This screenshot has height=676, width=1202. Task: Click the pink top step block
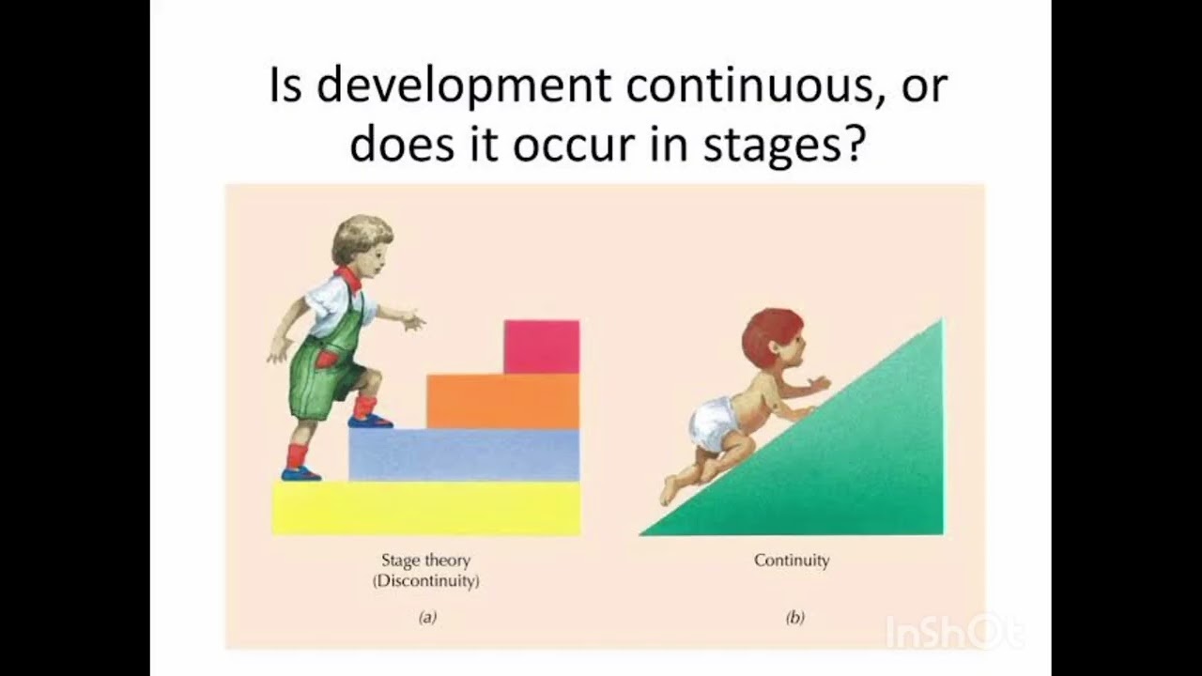coord(541,346)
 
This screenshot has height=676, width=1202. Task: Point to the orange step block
coord(502,401)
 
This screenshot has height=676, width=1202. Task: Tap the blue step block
coord(464,455)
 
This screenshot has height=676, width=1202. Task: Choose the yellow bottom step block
coord(425,508)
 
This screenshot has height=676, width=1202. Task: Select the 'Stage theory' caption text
coord(425,561)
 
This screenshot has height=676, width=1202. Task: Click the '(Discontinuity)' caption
coord(425,581)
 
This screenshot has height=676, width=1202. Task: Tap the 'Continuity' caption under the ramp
coord(792,561)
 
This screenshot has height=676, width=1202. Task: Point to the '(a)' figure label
coord(427,618)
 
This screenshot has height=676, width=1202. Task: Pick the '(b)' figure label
coord(794,618)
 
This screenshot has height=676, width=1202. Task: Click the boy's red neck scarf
coord(349,278)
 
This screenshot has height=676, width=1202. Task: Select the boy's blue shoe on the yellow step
coord(300,474)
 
